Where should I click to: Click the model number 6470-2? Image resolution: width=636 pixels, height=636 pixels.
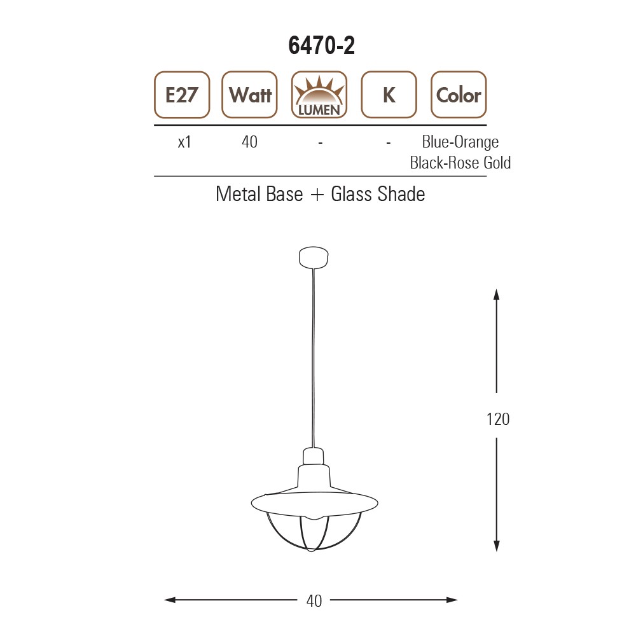[x=321, y=45]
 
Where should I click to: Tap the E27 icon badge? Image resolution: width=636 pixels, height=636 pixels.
[x=182, y=95]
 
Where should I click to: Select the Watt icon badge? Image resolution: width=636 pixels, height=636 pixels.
[x=249, y=95]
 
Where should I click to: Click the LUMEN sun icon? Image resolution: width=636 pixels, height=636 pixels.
[x=319, y=95]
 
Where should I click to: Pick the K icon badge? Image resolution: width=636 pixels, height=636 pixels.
[x=389, y=95]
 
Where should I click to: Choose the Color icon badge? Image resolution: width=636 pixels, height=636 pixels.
[x=459, y=95]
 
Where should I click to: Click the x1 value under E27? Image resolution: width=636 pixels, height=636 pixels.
[x=184, y=142]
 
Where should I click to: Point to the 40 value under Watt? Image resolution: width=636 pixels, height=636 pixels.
[x=249, y=142]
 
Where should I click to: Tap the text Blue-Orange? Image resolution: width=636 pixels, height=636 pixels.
[x=460, y=142]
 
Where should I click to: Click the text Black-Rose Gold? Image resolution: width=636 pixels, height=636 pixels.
[x=460, y=163]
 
